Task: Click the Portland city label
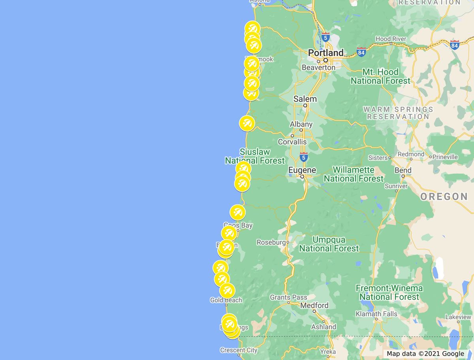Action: [326, 52]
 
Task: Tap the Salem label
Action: [305, 99]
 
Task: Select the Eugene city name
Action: [302, 170]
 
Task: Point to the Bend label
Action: [403, 171]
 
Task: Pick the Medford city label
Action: [314, 305]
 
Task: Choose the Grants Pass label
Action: [288, 297]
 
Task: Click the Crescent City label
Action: [239, 350]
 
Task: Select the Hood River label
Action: [391, 39]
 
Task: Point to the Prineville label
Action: [445, 157]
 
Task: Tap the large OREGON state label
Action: [444, 197]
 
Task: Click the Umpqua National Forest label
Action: [329, 244]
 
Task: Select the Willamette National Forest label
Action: [354, 174]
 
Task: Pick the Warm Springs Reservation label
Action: [398, 113]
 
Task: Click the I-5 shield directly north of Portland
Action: [325, 37]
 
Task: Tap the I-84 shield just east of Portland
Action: [361, 52]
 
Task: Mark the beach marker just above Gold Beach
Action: [227, 291]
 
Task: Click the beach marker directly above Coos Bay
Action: [237, 212]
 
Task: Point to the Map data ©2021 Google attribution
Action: [425, 354]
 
